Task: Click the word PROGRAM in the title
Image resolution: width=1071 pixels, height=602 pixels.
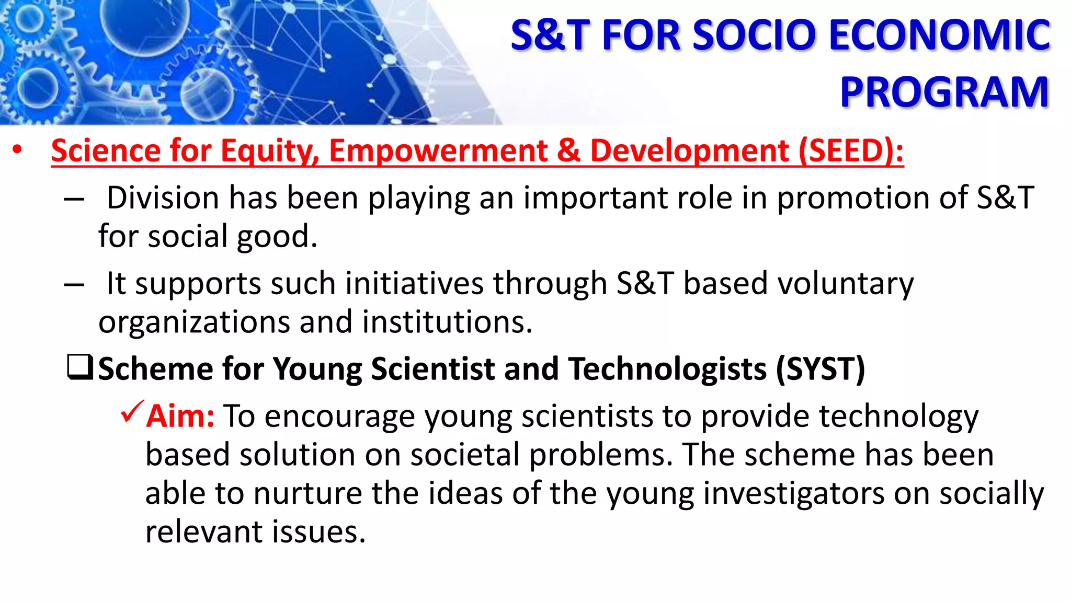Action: click(x=944, y=92)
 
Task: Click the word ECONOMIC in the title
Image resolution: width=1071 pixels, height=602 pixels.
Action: click(x=939, y=36)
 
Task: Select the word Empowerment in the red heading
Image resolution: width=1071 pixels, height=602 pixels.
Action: click(x=438, y=151)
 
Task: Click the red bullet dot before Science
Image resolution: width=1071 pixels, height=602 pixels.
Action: click(x=18, y=150)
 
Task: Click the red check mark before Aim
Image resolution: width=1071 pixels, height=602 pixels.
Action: click(x=132, y=412)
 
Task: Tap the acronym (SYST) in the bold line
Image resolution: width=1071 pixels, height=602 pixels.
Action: click(x=820, y=369)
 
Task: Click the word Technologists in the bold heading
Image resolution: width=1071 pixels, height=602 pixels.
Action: click(x=667, y=369)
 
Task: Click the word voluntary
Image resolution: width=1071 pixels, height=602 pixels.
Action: click(x=799, y=284)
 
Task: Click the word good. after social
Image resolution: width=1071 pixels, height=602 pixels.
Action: click(x=277, y=237)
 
